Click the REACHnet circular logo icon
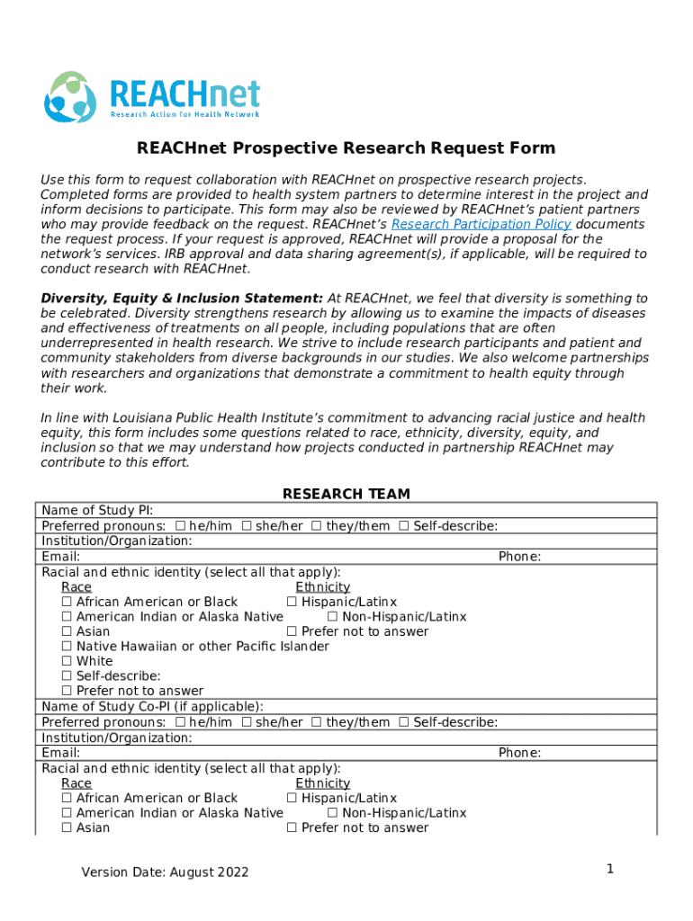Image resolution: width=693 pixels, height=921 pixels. pyautogui.click(x=69, y=97)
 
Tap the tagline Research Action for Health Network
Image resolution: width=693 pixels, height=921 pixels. pyautogui.click(x=184, y=114)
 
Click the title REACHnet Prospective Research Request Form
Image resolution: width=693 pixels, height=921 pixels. pyautogui.click(x=346, y=148)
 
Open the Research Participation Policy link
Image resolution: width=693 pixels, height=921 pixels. pyautogui.click(x=481, y=224)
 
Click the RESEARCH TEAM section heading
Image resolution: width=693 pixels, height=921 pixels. pyautogui.click(x=346, y=494)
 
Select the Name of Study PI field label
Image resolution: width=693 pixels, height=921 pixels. pyautogui.click(x=97, y=511)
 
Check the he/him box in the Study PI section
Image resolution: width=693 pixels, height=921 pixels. pyautogui.click(x=181, y=526)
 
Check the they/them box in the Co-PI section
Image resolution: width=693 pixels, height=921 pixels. pyautogui.click(x=316, y=722)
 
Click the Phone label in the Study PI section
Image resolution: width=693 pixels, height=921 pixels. pyautogui.click(x=519, y=557)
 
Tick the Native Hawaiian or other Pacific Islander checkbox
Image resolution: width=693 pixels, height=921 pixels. pyautogui.click(x=67, y=646)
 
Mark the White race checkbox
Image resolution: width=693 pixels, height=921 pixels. pyautogui.click(x=67, y=661)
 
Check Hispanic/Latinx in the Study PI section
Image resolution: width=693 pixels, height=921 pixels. pyautogui.click(x=292, y=602)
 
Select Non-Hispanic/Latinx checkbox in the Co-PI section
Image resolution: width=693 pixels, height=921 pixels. pyautogui.click(x=332, y=813)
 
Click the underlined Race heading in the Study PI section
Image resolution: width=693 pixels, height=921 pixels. pyautogui.click(x=76, y=586)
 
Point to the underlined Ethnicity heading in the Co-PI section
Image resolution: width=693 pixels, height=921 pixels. pyautogui.click(x=322, y=783)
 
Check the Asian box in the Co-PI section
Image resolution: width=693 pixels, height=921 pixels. pyautogui.click(x=67, y=827)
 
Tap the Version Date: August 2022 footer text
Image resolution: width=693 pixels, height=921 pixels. pyautogui.click(x=165, y=872)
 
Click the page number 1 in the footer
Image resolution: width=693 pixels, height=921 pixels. pyautogui.click(x=609, y=869)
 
